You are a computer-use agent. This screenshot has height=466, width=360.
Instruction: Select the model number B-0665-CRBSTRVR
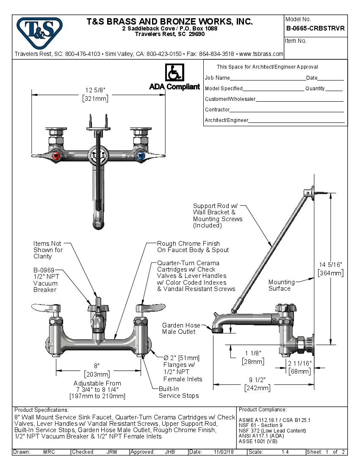pyautogui.click(x=315, y=29)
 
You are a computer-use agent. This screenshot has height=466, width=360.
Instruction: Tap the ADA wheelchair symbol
pyautogui.click(x=174, y=72)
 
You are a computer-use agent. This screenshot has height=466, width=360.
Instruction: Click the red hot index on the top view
pyautogui.click(x=55, y=156)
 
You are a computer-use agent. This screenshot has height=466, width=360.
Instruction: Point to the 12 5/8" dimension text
pyautogui.click(x=95, y=90)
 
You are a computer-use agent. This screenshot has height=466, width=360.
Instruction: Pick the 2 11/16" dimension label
pyautogui.click(x=299, y=363)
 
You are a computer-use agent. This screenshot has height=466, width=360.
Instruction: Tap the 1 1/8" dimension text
pyautogui.click(x=253, y=353)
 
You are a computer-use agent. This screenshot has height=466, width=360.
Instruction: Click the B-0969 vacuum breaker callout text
pyautogui.click(x=45, y=280)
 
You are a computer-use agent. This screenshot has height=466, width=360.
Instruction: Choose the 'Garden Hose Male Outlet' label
pyautogui.click(x=181, y=328)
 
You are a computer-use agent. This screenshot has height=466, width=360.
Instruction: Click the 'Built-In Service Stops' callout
pyautogui.click(x=178, y=392)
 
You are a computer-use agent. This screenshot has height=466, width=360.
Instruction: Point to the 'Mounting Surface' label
pyautogui.click(x=281, y=285)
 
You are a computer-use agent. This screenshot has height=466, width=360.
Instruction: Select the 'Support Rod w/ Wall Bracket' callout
pyautogui.click(x=217, y=215)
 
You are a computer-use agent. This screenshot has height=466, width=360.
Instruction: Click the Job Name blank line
pyautogui.click(x=268, y=78)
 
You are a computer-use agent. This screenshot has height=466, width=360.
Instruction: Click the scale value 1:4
pyautogui.click(x=285, y=452)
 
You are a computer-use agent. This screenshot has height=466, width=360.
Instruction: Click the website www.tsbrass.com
pyautogui.click(x=261, y=54)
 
